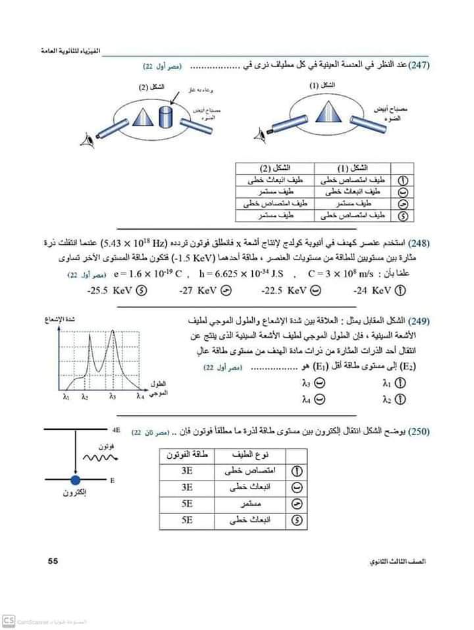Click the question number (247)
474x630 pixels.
pyautogui.click(x=418, y=67)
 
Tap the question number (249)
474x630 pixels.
pyautogui.click(x=418, y=322)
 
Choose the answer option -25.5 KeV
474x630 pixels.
pyautogui.click(x=109, y=290)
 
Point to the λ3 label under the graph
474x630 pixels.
pyautogui.click(x=113, y=397)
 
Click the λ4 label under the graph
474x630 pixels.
pyautogui.click(x=140, y=397)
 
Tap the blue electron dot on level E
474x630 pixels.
pyautogui.click(x=75, y=480)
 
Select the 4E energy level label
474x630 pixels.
pyautogui.click(x=116, y=429)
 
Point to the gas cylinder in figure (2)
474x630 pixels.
pyautogui.click(x=166, y=116)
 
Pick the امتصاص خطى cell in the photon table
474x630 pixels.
pyautogui.click(x=250, y=472)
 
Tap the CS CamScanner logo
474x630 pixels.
pyautogui.click(x=9, y=621)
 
